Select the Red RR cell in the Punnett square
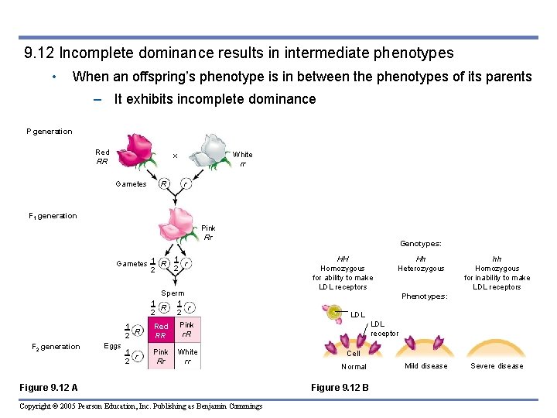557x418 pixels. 161,331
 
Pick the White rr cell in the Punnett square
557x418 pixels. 187,356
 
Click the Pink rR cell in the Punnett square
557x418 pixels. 187,331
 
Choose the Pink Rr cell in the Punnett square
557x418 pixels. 161,356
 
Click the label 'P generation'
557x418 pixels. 50,132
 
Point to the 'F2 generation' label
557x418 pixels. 56,347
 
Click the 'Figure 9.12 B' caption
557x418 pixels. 340,387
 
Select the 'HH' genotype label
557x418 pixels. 343,259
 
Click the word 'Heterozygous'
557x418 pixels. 421,269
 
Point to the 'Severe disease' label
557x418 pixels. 497,366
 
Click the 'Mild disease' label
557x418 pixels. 425,366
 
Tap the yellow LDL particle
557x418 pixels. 334,313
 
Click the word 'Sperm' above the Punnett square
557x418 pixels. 173,293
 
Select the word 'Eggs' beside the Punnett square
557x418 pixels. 113,346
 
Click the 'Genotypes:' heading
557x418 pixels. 420,243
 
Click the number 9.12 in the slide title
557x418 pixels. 39,53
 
